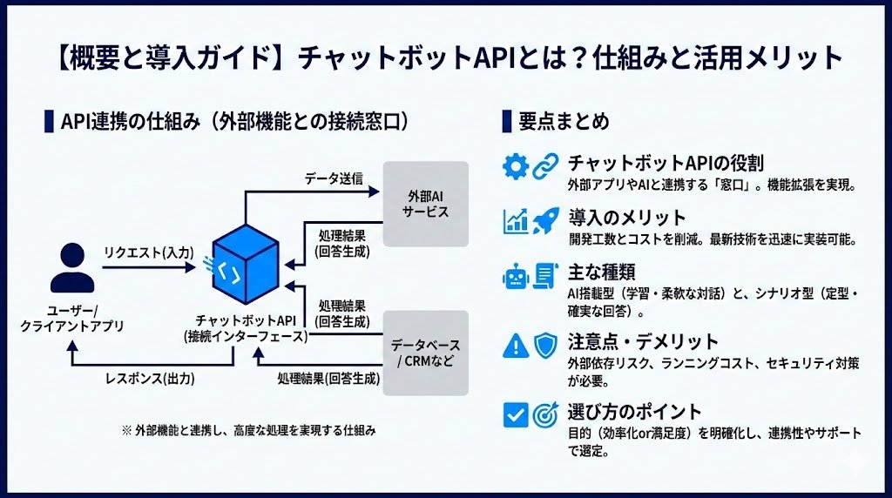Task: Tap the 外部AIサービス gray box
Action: (426, 204)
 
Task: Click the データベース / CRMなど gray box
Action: (426, 353)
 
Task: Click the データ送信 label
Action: (334, 178)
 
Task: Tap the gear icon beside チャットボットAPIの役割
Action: (517, 165)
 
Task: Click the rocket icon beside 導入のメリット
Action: (544, 221)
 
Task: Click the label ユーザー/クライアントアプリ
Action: (72, 318)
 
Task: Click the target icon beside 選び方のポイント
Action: (544, 414)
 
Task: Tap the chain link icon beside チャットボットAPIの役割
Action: (544, 165)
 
